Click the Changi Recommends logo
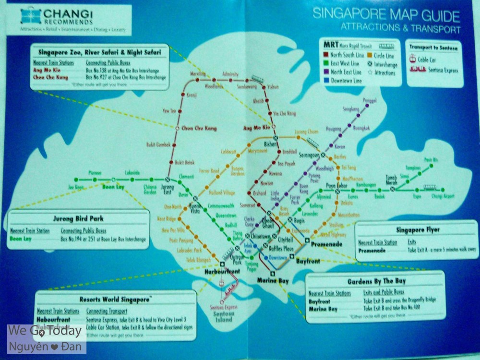pos(29,16)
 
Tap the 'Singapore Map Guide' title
pos(386,14)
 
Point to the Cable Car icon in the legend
pos(413,60)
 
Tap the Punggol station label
pos(370,101)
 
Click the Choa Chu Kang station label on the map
pos(199,128)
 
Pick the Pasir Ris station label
pos(431,159)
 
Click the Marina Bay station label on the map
pos(273,280)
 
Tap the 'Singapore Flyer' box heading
pos(418,229)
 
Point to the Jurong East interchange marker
pos(168,180)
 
